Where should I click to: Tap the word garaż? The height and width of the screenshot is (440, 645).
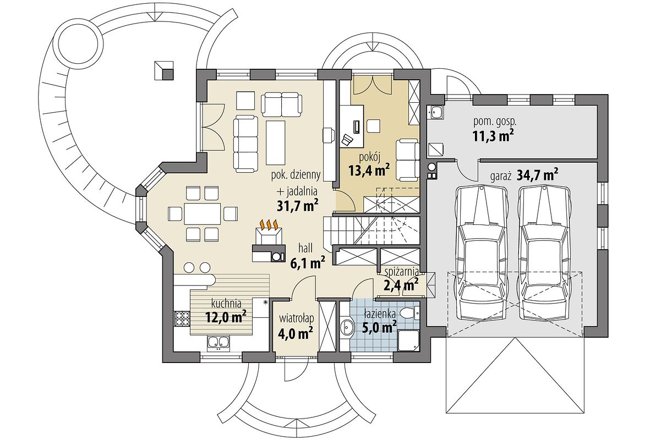[x=500, y=177]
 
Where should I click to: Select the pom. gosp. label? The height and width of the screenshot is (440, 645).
[x=495, y=122]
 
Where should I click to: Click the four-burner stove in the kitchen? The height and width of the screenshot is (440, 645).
[x=182, y=318]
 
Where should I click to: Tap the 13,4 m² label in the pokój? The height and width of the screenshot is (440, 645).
[x=369, y=169]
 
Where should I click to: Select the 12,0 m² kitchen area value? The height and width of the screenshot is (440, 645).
[x=226, y=317]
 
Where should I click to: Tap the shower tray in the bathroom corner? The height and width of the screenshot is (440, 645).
[x=409, y=339]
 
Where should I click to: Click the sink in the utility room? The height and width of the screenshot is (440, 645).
[x=436, y=111]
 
